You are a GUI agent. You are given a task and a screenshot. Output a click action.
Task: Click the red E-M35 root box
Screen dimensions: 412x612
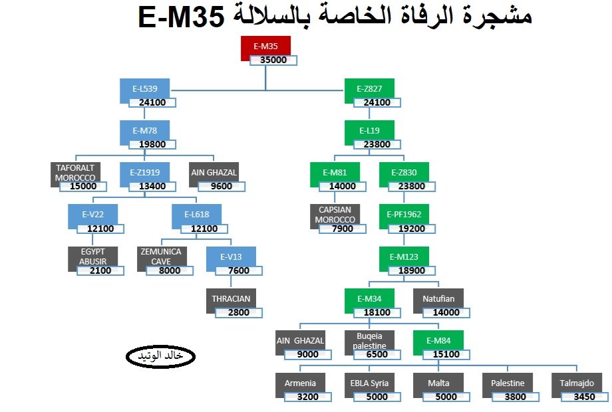(265, 47)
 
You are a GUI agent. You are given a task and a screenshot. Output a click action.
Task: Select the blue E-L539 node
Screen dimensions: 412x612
(145, 89)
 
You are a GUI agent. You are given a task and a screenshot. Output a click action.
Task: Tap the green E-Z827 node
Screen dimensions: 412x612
(369, 89)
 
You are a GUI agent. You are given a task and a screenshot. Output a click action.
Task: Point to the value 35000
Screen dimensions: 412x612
(273, 60)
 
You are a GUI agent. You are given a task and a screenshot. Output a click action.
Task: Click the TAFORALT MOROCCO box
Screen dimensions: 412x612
(75, 173)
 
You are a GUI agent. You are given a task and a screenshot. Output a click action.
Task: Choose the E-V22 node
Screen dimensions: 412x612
(92, 215)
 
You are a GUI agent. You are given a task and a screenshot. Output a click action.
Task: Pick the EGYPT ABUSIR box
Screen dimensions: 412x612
(92, 257)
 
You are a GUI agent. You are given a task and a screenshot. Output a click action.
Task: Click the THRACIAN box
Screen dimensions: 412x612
(231, 299)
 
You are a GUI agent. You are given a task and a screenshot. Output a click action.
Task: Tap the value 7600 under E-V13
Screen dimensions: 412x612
(239, 270)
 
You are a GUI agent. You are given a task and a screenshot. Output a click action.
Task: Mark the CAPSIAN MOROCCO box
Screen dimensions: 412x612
(335, 215)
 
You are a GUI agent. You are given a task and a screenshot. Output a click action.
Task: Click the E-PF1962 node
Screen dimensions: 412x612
(404, 215)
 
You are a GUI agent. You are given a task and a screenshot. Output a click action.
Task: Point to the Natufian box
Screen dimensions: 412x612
(438, 299)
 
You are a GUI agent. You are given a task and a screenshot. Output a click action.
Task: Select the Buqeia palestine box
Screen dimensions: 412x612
(369, 340)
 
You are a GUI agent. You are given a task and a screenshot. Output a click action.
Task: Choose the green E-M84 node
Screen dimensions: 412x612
(438, 340)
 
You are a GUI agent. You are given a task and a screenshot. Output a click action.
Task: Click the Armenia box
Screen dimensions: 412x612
(300, 383)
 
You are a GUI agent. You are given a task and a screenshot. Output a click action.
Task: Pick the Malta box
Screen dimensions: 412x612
(438, 383)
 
